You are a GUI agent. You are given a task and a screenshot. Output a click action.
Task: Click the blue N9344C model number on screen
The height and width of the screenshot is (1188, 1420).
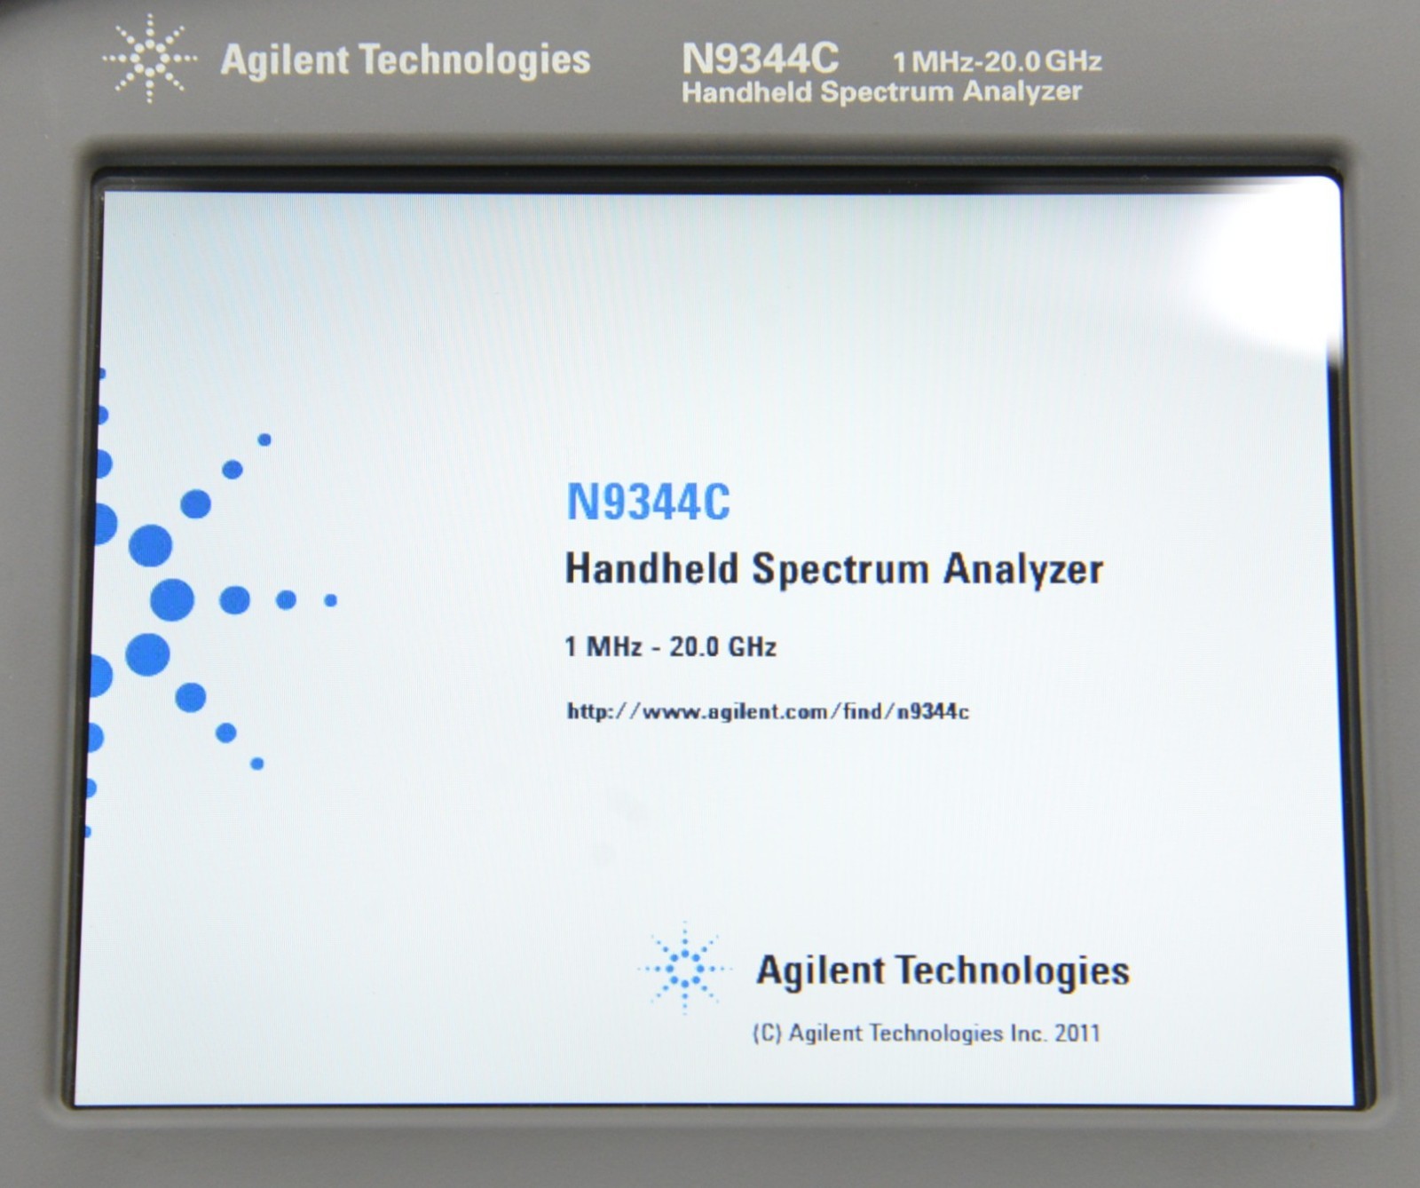(x=648, y=502)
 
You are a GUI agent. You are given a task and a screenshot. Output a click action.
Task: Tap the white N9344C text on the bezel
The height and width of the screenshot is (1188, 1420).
(x=760, y=59)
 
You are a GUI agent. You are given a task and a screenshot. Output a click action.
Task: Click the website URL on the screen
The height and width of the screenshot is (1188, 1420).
(x=768, y=711)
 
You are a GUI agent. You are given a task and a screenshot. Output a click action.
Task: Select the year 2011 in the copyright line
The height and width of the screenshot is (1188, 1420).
(x=1077, y=1034)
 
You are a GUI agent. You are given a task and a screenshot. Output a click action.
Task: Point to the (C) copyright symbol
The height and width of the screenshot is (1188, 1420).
(x=767, y=1034)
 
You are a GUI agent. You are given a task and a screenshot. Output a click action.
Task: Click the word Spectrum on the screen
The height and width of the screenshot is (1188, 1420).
(x=841, y=570)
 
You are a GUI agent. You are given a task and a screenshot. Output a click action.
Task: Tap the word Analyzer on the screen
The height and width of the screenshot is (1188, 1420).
(x=1023, y=570)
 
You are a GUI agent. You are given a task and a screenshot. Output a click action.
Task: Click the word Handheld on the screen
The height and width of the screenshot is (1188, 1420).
(x=652, y=568)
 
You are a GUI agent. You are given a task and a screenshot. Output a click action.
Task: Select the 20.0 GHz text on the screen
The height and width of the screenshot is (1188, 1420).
(x=722, y=646)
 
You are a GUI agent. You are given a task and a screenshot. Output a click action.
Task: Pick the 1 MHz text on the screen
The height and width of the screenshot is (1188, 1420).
(x=603, y=646)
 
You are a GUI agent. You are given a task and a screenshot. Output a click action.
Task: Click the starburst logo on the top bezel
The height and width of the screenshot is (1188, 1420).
(x=149, y=59)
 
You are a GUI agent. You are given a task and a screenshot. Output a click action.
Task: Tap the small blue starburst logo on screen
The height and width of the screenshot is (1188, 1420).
(x=684, y=968)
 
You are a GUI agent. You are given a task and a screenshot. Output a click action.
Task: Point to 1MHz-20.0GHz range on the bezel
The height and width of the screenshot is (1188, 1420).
(x=998, y=61)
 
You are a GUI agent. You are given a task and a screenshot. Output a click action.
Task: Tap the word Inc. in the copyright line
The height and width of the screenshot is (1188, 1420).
(x=1028, y=1034)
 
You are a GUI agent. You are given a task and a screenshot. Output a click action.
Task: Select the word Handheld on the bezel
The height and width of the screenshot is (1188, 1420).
(x=747, y=92)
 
